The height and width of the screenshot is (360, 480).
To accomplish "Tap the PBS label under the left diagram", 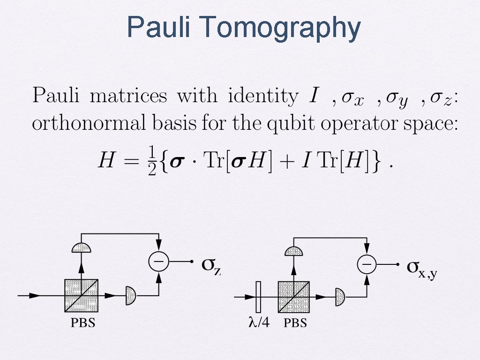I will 83,323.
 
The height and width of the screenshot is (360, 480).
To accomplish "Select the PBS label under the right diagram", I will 295,323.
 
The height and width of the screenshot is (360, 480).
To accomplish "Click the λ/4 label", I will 258,323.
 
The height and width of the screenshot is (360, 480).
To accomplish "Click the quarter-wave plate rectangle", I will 258,297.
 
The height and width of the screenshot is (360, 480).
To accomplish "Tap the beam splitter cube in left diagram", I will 81,295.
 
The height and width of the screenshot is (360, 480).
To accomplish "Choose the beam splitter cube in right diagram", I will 293,297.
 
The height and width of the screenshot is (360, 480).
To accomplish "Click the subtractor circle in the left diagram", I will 158,262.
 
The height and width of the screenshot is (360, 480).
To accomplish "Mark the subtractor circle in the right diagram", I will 367,265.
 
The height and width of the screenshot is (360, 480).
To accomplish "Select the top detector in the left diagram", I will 82,247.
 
